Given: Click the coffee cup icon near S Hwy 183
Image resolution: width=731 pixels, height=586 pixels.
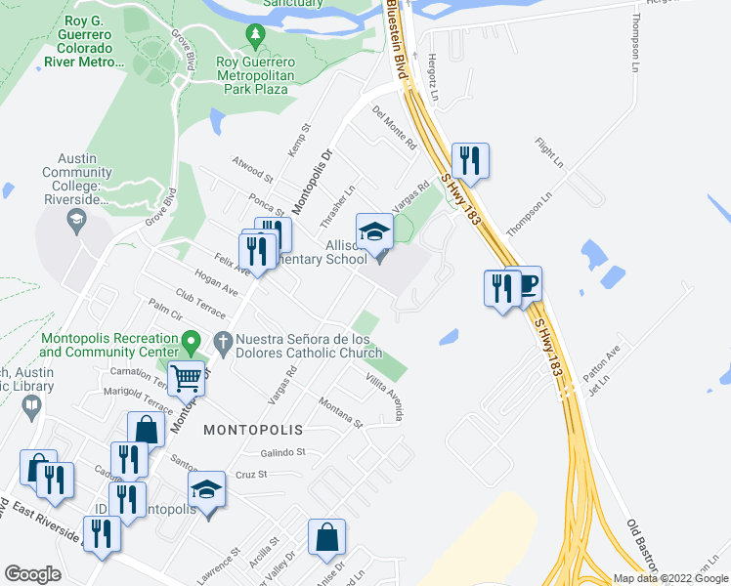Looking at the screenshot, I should pos(525,284).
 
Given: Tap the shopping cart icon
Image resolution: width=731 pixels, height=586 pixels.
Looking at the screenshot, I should pos(186,376).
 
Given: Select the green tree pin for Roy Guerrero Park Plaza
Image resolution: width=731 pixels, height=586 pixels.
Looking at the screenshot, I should pos(256,37).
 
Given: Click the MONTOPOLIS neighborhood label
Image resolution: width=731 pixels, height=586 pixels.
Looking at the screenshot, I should pos(253,430).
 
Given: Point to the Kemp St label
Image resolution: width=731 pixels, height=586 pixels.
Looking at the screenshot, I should pos(299,142).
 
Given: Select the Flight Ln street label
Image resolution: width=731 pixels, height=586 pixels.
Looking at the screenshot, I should pos(550,151).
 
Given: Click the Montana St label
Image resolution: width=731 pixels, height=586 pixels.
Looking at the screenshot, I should pos(340,412).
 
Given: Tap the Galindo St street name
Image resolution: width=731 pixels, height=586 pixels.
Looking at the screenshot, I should pos(283,452).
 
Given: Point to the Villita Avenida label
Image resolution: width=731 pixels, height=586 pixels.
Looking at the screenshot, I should pos(384,398).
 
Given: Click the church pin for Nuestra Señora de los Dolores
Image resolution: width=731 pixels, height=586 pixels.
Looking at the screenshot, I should pos(223,343).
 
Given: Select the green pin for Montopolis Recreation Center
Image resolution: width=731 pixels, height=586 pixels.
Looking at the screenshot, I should pos(193,343).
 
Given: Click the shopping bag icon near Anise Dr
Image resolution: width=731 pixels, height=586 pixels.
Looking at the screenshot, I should pos(326,536).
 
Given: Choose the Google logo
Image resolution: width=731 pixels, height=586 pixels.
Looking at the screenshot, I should pos(32,574).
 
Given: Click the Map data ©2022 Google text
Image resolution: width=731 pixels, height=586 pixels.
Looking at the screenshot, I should pos(669,578).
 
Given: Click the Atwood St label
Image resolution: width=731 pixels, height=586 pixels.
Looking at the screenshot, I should pos(252,169).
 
